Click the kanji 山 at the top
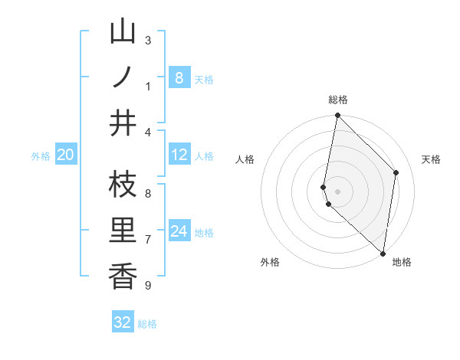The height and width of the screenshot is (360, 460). pyautogui.click(x=123, y=33)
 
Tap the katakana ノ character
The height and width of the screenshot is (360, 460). pyautogui.click(x=123, y=77)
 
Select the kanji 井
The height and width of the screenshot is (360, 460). pyautogui.click(x=123, y=123)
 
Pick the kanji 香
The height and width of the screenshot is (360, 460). pyautogui.click(x=123, y=277)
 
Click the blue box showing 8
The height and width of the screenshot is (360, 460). pyautogui.click(x=179, y=77)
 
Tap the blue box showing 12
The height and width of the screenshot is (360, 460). pyautogui.click(x=179, y=155)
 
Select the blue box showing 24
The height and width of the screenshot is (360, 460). pyautogui.click(x=179, y=232)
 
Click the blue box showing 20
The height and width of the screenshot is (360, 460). pyautogui.click(x=66, y=155)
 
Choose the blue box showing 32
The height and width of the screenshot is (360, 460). pyautogui.click(x=123, y=322)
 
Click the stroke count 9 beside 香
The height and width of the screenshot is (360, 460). pyautogui.click(x=147, y=286)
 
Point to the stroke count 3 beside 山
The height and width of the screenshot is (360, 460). pyautogui.click(x=147, y=40)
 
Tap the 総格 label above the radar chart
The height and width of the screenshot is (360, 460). pyautogui.click(x=337, y=100)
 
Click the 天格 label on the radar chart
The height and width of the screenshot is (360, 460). pyautogui.click(x=431, y=159)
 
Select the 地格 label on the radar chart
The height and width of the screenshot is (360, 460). pyautogui.click(x=402, y=262)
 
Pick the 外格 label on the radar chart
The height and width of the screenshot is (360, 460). pyautogui.click(x=270, y=262)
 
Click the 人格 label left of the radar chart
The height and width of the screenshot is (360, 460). pyautogui.click(x=245, y=159)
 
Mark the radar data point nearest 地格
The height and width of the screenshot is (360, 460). pyautogui.click(x=383, y=253)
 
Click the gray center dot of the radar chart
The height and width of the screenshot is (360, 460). pyautogui.click(x=337, y=191)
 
